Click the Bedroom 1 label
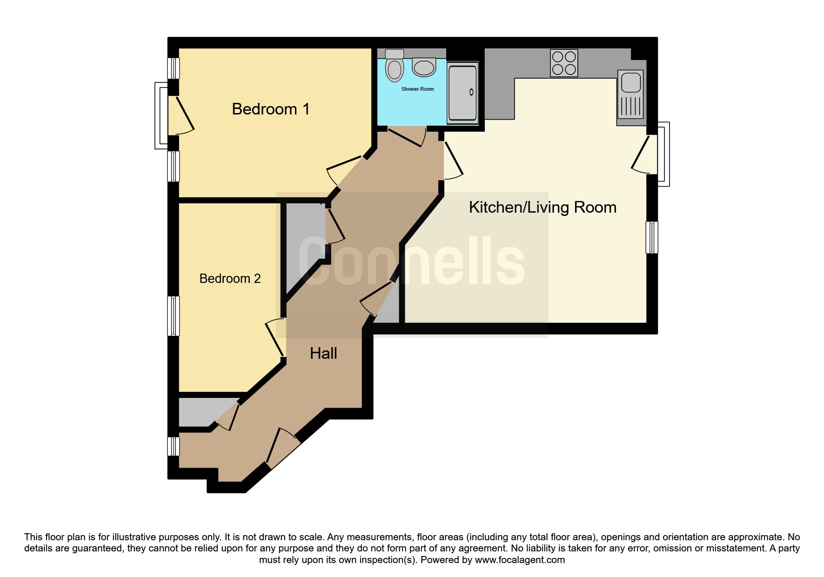(270, 109)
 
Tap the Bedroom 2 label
(230, 278)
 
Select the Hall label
(323, 354)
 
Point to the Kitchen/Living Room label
(543, 208)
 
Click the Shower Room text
(417, 89)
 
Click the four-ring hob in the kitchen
(564, 63)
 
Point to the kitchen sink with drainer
(631, 94)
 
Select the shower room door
(408, 137)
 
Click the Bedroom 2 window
(173, 316)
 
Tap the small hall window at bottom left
(173, 446)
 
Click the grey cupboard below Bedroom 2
(208, 412)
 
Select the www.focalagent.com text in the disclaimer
(520, 560)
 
